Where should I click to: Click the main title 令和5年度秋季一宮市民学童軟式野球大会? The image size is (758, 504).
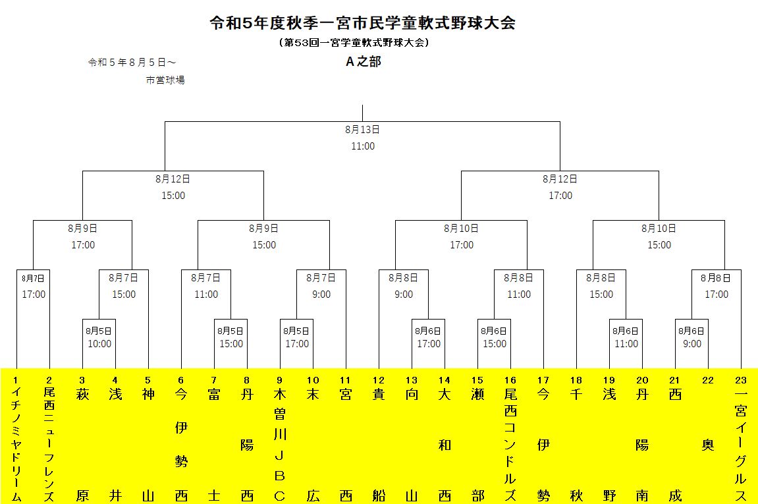click(363, 23)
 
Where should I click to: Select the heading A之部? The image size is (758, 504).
click(364, 61)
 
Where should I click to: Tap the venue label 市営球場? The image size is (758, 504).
click(165, 80)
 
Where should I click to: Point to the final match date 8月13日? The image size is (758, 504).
click(363, 130)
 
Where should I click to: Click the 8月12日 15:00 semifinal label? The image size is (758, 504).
click(173, 187)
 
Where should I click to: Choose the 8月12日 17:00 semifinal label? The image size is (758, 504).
click(560, 187)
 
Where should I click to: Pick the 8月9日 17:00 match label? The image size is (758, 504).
click(83, 237)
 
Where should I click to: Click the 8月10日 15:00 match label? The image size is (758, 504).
click(659, 237)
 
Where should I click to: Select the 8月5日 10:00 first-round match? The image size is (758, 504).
click(99, 337)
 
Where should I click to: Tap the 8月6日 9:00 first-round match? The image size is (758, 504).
click(691, 337)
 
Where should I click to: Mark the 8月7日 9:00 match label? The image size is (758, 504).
click(321, 286)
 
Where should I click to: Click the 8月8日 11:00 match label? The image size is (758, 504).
click(519, 286)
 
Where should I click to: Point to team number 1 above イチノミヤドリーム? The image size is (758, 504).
click(16, 380)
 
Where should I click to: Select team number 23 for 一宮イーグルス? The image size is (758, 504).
click(741, 380)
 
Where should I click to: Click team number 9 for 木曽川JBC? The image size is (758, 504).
click(279, 380)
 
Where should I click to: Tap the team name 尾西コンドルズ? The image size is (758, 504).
click(510, 445)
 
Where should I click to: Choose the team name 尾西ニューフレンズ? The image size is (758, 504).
click(49, 445)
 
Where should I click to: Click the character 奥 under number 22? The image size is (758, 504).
click(708, 445)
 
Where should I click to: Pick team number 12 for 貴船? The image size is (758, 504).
click(379, 380)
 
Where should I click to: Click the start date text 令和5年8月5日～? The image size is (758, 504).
click(132, 63)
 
